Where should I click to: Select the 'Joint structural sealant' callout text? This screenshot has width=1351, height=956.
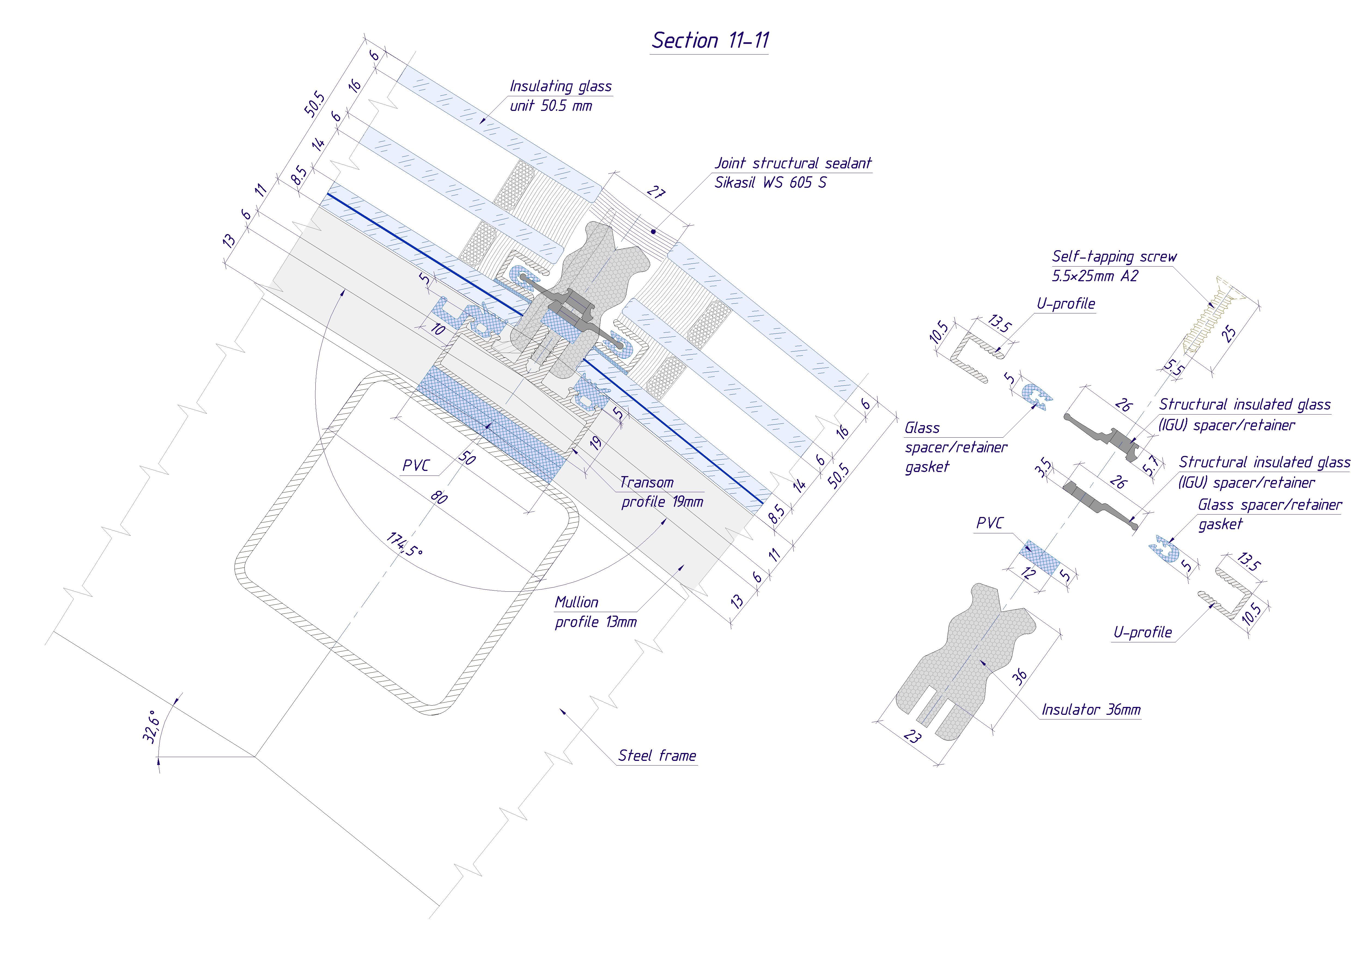click(793, 163)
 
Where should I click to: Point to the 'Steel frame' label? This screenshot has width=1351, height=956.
click(657, 755)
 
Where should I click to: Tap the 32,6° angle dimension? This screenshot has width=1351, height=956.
click(151, 727)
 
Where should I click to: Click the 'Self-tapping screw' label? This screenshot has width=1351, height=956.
click(1114, 257)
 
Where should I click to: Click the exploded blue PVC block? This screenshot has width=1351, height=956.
click(1039, 558)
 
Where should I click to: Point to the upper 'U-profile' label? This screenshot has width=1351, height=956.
click(1066, 304)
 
